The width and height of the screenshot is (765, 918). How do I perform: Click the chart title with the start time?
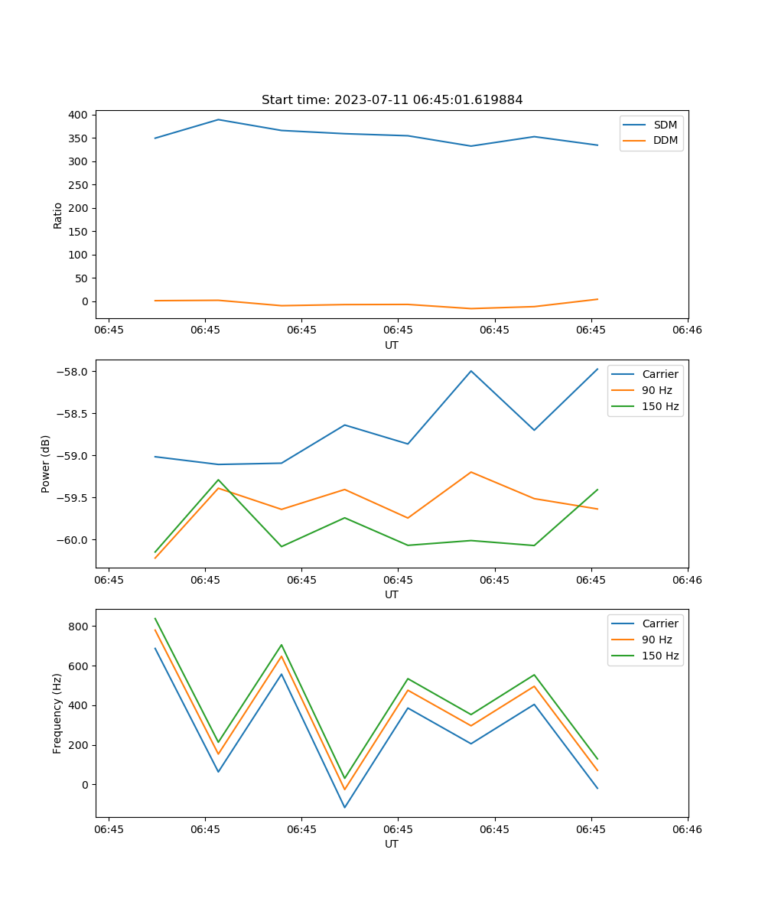tap(392, 100)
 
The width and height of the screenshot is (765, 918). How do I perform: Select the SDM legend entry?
tap(665, 125)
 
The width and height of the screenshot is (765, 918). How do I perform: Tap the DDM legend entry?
tap(665, 141)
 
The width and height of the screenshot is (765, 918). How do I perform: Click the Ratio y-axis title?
tap(58, 215)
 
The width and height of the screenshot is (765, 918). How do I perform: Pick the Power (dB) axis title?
tap(46, 464)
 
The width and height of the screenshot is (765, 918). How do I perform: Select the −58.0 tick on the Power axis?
tap(73, 372)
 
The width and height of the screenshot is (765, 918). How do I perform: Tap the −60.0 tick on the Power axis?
tap(73, 540)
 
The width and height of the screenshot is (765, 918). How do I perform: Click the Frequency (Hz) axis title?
tap(57, 713)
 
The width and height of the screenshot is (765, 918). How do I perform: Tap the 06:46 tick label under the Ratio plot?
tap(687, 330)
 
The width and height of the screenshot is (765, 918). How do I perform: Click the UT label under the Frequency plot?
tap(392, 844)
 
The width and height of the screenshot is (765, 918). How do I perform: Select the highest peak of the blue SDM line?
tap(218, 119)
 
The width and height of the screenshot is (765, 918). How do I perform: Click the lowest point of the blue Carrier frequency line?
tap(344, 807)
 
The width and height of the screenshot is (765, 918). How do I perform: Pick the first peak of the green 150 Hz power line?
tap(218, 480)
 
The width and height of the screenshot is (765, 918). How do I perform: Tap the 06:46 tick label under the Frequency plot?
tap(687, 828)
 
